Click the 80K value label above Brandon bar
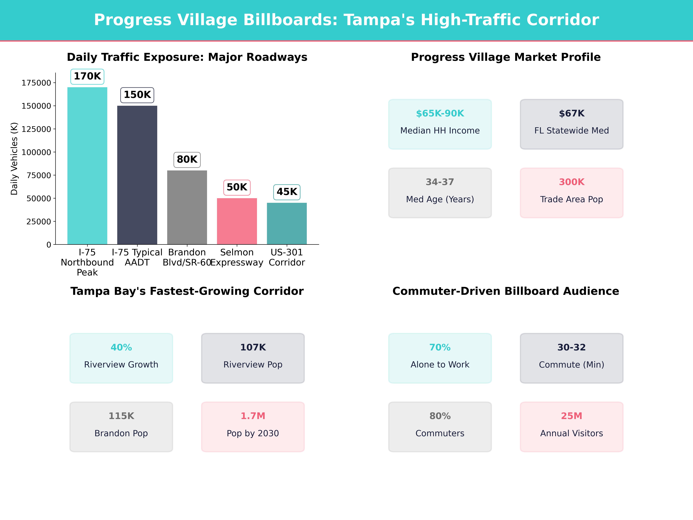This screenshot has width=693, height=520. (187, 160)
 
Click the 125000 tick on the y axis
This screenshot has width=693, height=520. (36, 129)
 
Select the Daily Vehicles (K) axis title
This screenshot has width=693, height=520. (14, 159)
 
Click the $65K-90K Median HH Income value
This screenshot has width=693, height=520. (440, 114)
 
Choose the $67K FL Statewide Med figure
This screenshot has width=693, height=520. (571, 114)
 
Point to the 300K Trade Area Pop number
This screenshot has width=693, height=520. (571, 182)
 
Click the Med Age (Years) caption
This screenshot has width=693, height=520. (440, 199)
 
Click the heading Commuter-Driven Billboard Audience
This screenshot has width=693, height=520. (506, 291)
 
